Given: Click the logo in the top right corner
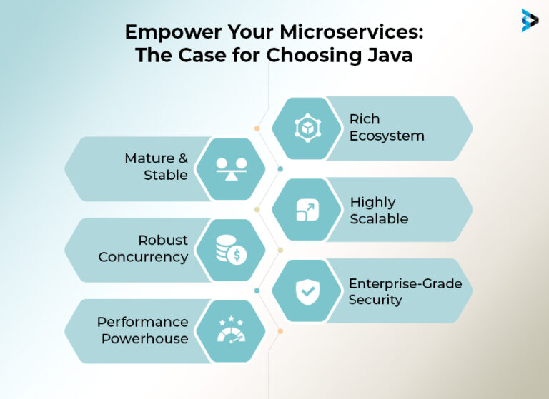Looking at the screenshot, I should (530, 20).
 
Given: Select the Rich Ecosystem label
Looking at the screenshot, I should (386, 127).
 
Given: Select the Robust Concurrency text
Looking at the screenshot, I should (143, 248).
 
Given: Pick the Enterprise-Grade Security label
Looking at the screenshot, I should (405, 291).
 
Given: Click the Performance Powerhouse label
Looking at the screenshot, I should (143, 330).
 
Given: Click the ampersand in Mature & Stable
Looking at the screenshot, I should (179, 158).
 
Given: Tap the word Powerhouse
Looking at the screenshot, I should (145, 338).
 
